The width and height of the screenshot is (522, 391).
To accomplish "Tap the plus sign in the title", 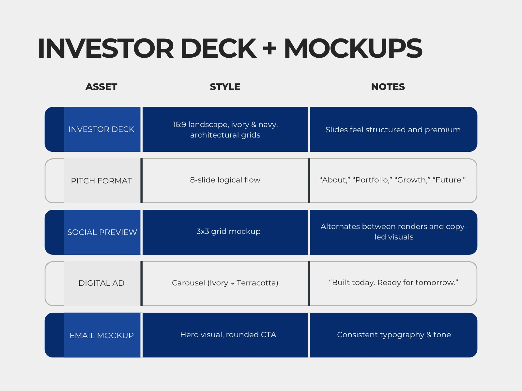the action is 270,49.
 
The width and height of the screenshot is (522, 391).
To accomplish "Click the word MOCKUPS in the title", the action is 353,49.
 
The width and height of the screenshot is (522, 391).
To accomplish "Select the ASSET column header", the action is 101,87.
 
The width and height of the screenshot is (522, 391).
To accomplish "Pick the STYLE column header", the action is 225,87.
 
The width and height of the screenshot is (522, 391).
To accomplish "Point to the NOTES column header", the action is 388,87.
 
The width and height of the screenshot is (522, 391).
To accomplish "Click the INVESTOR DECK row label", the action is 101,129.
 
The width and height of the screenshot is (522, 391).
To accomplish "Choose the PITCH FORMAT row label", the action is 101,181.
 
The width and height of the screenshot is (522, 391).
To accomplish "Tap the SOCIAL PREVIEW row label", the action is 102,232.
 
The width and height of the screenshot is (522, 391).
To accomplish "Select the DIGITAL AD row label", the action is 101,283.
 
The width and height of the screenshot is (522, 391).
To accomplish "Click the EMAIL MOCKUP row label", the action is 101,336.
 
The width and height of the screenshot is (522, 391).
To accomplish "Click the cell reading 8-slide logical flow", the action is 225,180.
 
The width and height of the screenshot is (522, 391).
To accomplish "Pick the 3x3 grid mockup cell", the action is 228,231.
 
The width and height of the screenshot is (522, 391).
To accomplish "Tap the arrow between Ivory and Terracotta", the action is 232,283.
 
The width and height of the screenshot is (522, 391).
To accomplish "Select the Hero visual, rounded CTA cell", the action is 228,335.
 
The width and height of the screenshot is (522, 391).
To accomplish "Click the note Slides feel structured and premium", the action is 393,130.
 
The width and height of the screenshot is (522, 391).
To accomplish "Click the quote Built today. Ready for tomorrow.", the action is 393,282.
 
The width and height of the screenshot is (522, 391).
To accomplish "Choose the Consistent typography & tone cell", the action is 394,335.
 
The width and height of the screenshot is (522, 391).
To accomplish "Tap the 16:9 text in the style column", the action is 179,125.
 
